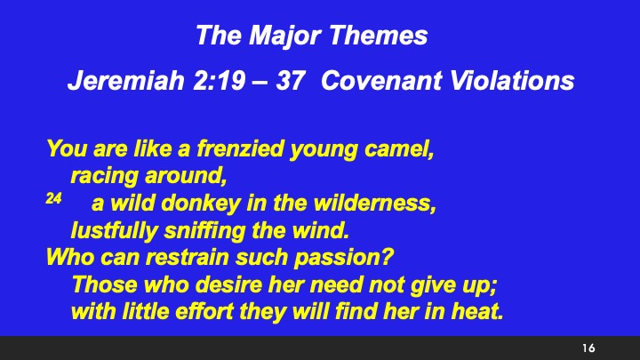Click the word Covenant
tap(372, 82)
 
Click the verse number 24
tap(53, 203)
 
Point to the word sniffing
tap(205, 233)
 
